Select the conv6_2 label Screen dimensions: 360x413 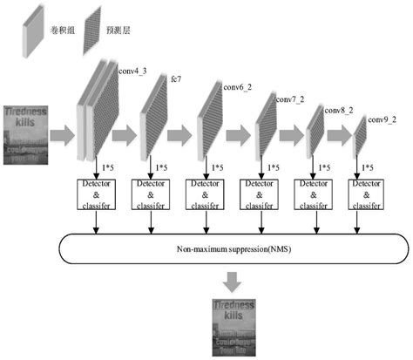[239, 87]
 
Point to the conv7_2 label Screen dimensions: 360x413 [291, 99]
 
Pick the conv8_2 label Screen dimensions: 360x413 [339, 111]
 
